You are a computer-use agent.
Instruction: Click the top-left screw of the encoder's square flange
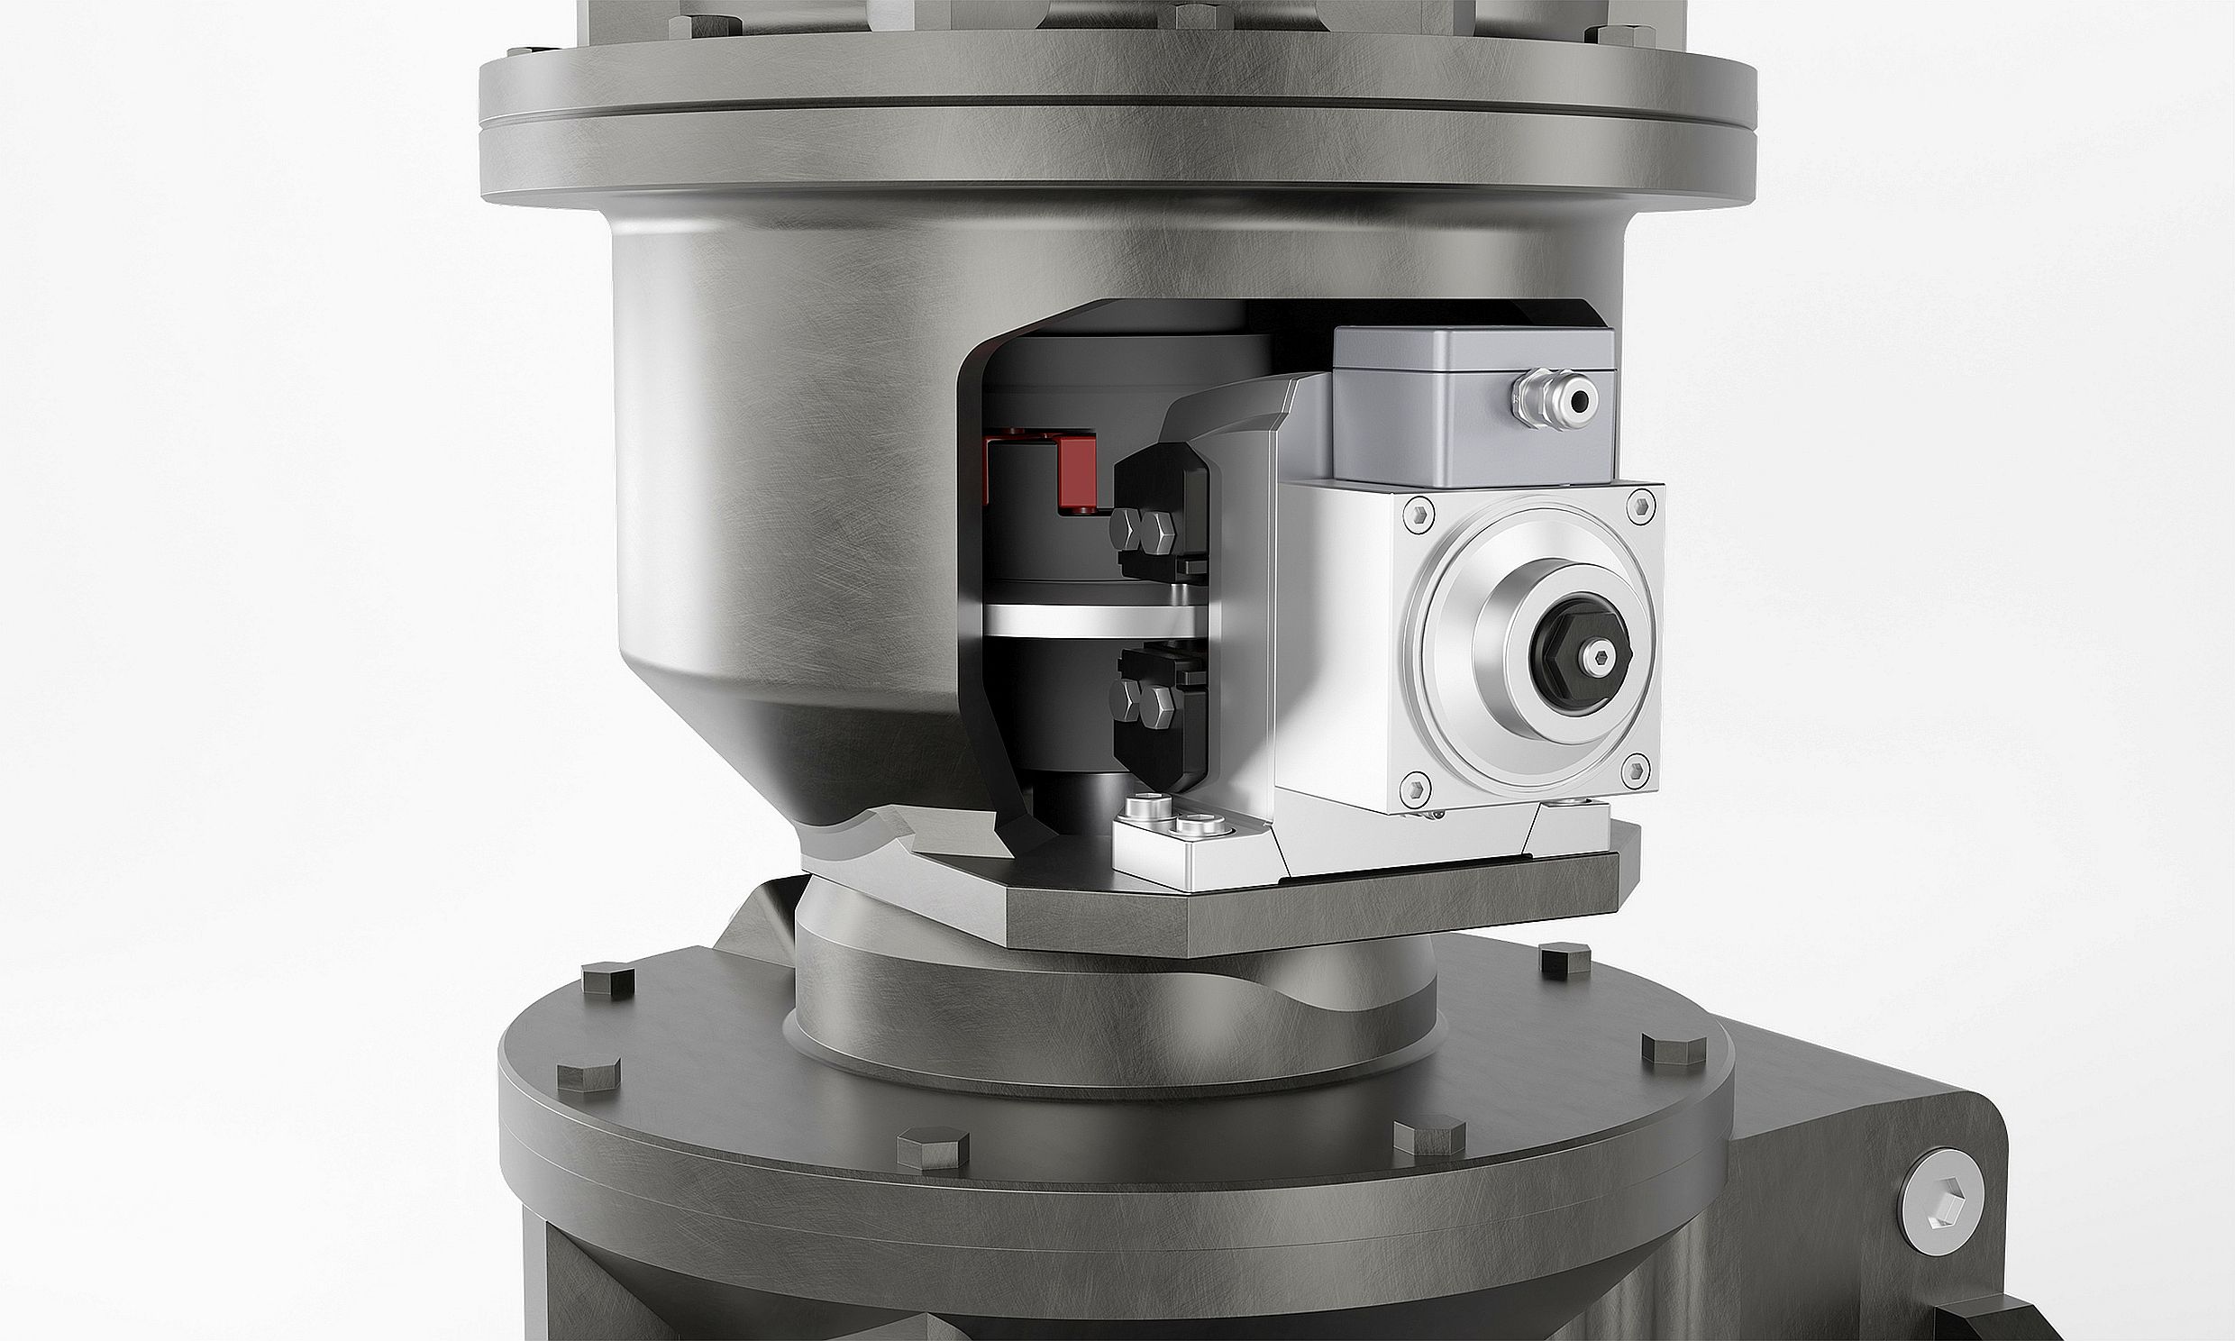click(x=1419, y=515)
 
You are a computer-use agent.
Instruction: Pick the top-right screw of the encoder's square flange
click(x=1641, y=506)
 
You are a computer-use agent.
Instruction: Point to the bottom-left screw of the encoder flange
click(x=1417, y=789)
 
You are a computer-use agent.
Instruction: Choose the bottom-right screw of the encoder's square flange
click(x=1636, y=770)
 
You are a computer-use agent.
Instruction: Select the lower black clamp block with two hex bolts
click(x=1160, y=714)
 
